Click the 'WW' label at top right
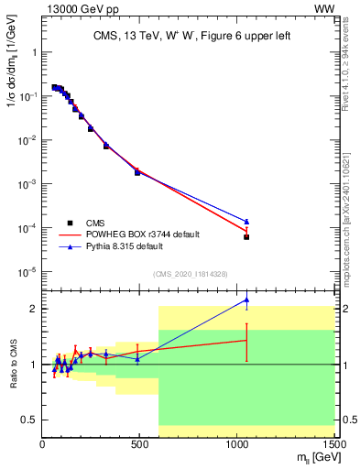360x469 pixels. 324,8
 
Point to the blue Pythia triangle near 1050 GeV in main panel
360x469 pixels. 246,221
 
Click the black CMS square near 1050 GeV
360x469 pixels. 246,236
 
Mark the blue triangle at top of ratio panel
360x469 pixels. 246,300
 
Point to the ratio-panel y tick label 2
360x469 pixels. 33,309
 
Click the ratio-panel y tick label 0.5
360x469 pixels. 29,420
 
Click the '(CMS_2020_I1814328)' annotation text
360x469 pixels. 188,274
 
